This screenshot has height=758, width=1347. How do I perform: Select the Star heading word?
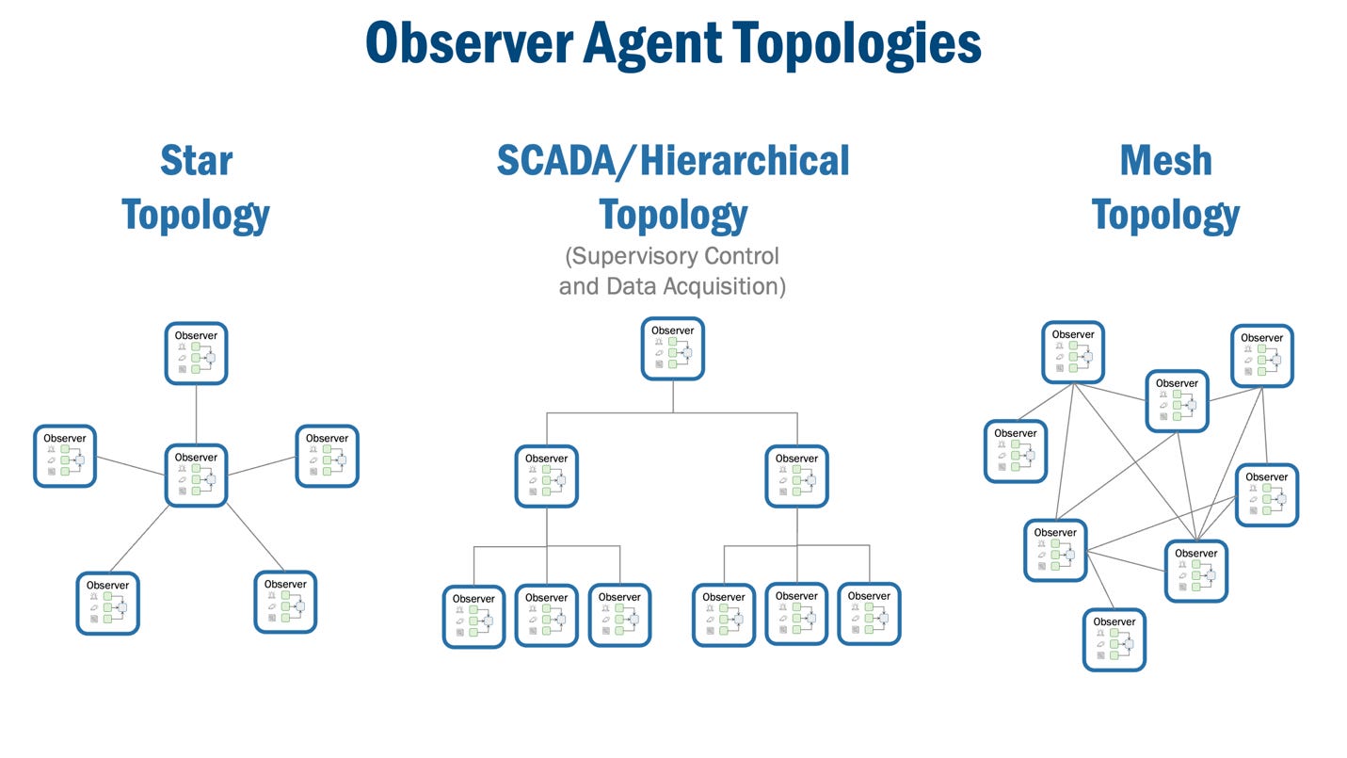pyautogui.click(x=196, y=160)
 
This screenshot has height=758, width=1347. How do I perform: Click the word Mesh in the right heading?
pyautogui.click(x=1165, y=160)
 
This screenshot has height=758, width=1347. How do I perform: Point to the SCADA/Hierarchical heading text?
pyautogui.click(x=673, y=160)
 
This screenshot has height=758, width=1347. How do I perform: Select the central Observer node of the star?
pyautogui.click(x=196, y=476)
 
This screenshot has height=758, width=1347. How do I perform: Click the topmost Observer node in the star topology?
pyautogui.click(x=196, y=353)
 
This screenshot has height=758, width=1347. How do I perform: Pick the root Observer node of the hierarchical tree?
pyautogui.click(x=673, y=348)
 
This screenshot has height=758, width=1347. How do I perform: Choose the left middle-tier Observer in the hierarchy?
pyautogui.click(x=547, y=476)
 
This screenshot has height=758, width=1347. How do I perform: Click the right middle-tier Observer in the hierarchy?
pyautogui.click(x=797, y=476)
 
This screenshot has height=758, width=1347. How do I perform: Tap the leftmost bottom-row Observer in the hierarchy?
pyautogui.click(x=473, y=616)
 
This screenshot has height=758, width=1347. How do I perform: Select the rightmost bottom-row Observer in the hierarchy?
pyautogui.click(x=869, y=614)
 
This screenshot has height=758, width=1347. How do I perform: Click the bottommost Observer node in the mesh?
pyautogui.click(x=1114, y=640)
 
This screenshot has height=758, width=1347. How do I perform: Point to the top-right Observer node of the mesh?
pyautogui.click(x=1262, y=356)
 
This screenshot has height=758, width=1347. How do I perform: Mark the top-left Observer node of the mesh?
pyautogui.click(x=1073, y=352)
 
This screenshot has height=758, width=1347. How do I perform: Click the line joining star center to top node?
pyautogui.click(x=196, y=414)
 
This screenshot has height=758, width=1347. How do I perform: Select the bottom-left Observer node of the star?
pyautogui.click(x=107, y=604)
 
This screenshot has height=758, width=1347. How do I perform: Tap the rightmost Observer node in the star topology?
pyautogui.click(x=327, y=456)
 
